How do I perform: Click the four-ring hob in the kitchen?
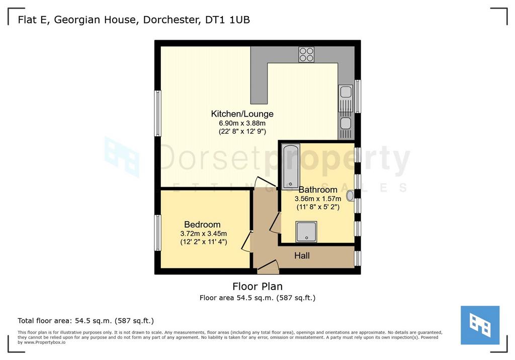[x=306, y=54]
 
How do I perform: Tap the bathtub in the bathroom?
[x=290, y=166]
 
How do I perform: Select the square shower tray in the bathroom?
[x=306, y=232]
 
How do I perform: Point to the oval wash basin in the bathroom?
[x=350, y=196]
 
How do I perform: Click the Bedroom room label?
[x=202, y=225]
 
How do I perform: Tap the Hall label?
[x=302, y=255]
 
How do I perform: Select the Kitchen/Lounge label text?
[x=242, y=114]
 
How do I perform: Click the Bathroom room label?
[x=318, y=190]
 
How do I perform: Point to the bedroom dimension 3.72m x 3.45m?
[x=204, y=234]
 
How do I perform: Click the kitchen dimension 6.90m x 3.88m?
[x=242, y=124]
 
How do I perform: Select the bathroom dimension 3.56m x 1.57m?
[x=318, y=199]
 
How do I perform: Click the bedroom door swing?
[x=246, y=241]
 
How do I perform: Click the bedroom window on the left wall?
[x=157, y=233]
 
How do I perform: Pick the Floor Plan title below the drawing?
[x=257, y=287]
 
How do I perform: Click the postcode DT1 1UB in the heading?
[x=228, y=20]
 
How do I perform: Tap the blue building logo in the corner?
[x=480, y=325]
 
